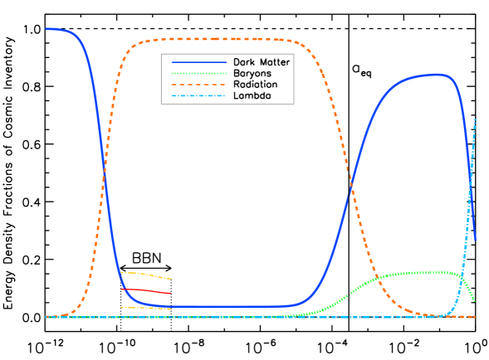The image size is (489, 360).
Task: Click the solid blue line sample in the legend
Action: click(x=198, y=62)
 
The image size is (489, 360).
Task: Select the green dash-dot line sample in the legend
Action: click(x=198, y=74)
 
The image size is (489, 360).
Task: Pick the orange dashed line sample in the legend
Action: click(x=198, y=85)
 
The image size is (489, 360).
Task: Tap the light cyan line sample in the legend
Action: click(x=198, y=96)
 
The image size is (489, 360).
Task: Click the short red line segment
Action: click(x=146, y=291)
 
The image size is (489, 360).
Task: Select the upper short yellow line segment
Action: click(x=146, y=275)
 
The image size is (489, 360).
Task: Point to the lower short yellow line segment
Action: click(x=146, y=308)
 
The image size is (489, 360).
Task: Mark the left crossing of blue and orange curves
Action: click(x=105, y=174)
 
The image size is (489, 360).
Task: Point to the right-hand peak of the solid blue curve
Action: click(x=438, y=75)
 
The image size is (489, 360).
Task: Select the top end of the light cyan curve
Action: click(x=474, y=119)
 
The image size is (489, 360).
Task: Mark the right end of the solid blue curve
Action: click(x=475, y=241)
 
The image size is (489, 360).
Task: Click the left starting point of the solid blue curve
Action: click(x=46, y=29)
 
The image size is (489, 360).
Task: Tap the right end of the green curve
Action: click(x=474, y=300)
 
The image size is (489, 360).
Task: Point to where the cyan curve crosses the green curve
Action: click(x=462, y=275)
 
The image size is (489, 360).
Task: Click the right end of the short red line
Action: click(x=171, y=293)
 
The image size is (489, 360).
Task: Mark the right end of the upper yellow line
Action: click(x=171, y=279)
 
